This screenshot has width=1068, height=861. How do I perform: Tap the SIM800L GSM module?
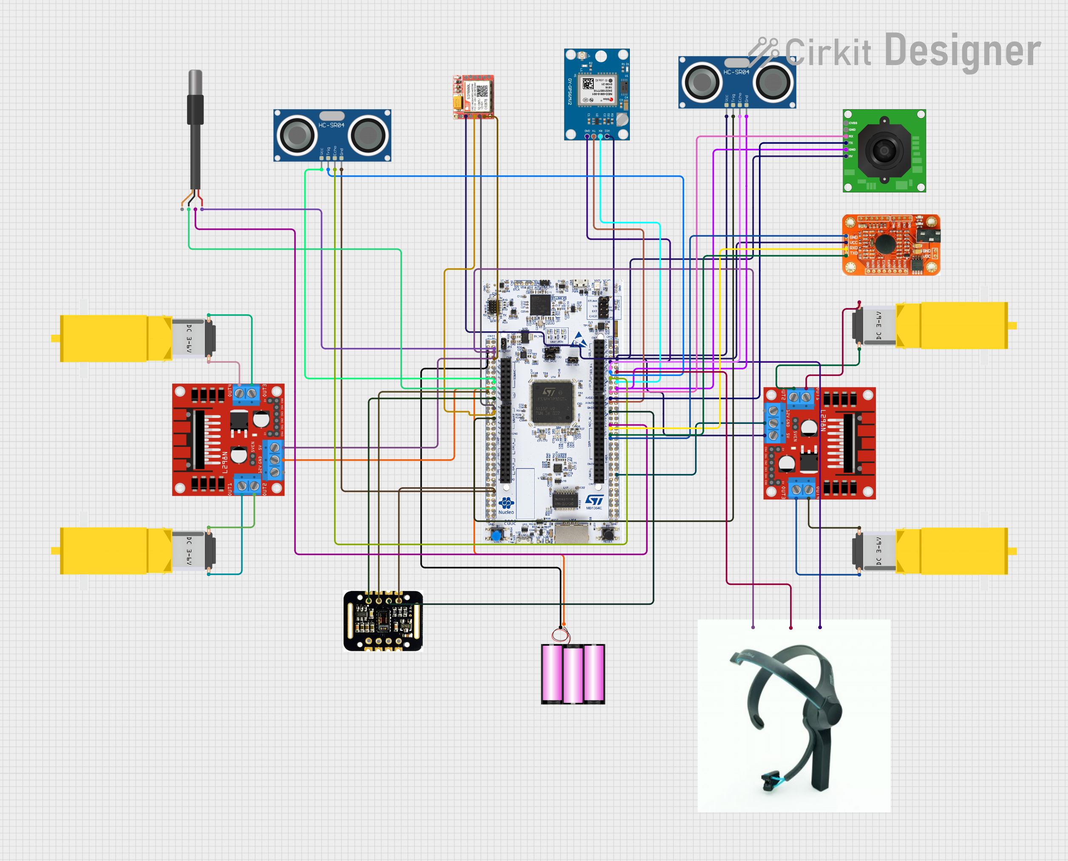click(x=473, y=97)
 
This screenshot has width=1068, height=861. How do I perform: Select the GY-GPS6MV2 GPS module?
click(x=597, y=94)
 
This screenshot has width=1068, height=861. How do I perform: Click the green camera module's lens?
click(x=884, y=150)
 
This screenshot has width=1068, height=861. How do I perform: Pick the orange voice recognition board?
click(x=890, y=245)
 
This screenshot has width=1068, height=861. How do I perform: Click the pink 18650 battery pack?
click(x=573, y=674)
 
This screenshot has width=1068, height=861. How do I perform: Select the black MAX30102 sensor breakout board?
click(x=382, y=621)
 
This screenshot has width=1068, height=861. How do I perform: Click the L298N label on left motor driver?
click(x=225, y=462)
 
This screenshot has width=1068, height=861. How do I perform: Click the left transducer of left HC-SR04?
click(x=297, y=135)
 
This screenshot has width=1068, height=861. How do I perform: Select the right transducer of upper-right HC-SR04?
click(x=773, y=82)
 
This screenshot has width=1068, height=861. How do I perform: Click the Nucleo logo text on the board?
click(x=506, y=512)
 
